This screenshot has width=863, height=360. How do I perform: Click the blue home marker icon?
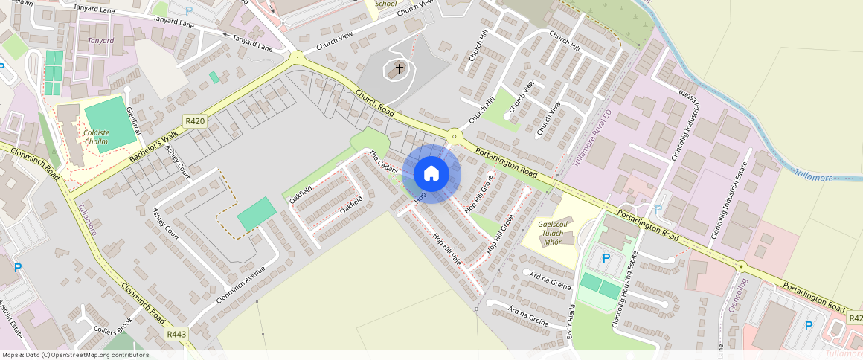(431, 174)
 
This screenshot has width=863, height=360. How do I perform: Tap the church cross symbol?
(399, 69)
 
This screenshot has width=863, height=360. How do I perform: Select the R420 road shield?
(195, 121)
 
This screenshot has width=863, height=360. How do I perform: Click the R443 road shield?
(176, 335)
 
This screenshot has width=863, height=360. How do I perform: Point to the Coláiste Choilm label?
(97, 137)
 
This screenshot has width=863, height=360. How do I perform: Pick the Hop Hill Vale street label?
(447, 248)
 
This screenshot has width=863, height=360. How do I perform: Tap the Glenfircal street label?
(134, 120)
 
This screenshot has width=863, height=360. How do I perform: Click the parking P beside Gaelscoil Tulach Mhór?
(606, 258)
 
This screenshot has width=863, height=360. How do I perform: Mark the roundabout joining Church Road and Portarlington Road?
(453, 135)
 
